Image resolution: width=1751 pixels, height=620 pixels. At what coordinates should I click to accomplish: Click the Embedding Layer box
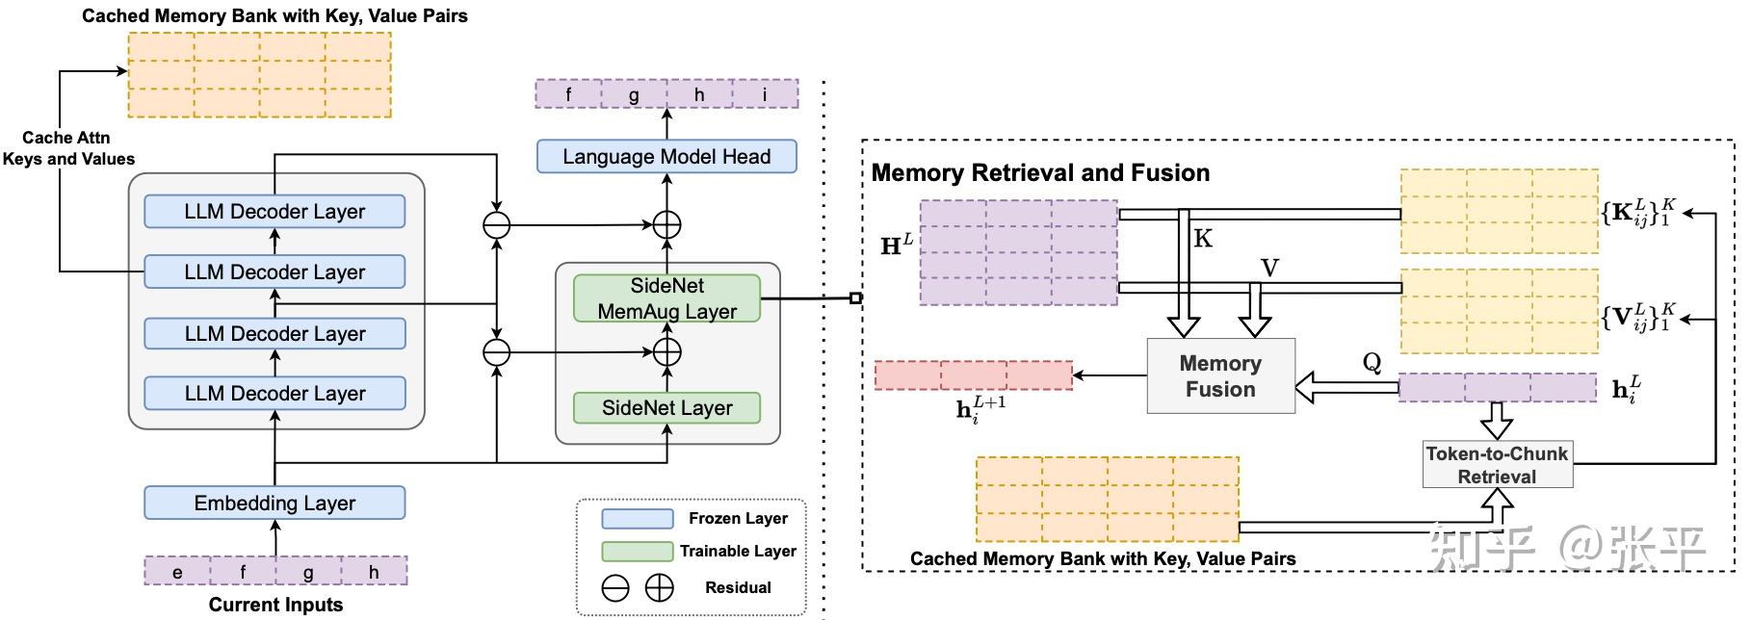tap(274, 503)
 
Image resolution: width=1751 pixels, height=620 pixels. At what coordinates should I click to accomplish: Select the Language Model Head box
tap(666, 156)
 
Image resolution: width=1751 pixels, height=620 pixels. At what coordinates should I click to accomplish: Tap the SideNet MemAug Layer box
tap(666, 298)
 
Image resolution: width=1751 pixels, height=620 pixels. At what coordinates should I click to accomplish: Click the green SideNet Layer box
tap(666, 407)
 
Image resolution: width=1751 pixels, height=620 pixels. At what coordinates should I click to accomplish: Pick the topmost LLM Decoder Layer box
tap(274, 212)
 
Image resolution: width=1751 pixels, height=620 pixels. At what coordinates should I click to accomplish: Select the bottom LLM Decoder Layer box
tap(274, 393)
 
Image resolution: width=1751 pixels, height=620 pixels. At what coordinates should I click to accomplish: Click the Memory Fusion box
tap(1220, 376)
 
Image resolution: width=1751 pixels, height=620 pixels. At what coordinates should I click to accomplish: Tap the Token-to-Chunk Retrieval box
tap(1497, 464)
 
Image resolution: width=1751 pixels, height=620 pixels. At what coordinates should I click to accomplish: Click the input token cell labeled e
tap(177, 572)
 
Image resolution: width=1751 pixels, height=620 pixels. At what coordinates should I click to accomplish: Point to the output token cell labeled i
tap(765, 94)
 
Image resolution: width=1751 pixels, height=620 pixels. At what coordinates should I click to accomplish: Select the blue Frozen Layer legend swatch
tap(637, 519)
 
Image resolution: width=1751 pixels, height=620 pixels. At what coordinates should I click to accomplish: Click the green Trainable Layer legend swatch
tap(637, 551)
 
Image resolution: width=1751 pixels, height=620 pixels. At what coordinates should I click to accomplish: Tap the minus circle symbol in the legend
tap(615, 588)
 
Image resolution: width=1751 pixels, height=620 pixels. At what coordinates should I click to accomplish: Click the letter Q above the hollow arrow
tap(1372, 362)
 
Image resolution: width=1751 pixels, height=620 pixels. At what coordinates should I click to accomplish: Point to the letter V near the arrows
tap(1269, 268)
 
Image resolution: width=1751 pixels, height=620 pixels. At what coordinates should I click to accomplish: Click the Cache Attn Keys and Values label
tap(67, 148)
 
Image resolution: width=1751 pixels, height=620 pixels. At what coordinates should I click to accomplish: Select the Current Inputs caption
tap(275, 605)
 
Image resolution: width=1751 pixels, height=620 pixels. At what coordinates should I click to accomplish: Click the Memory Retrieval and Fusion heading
tap(1040, 173)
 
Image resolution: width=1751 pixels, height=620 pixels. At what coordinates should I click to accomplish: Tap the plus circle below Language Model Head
tap(666, 225)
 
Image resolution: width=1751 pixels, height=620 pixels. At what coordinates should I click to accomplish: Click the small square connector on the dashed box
tap(855, 298)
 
